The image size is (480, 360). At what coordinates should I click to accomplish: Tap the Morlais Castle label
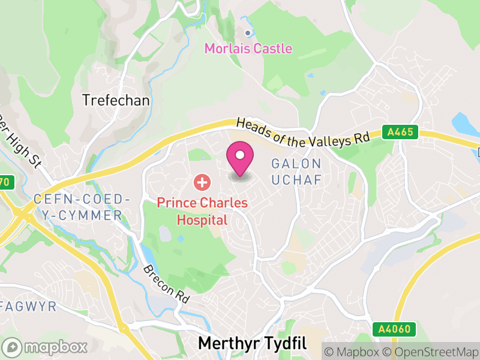[x=248, y=49]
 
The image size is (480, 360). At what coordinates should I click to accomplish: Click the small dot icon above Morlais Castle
[x=248, y=33]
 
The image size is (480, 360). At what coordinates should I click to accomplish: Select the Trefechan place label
[x=116, y=100]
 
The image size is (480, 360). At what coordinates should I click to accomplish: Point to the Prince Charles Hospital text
[x=202, y=211]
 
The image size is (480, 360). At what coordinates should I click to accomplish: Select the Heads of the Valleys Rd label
[x=302, y=131]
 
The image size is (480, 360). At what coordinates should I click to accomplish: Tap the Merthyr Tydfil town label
[x=252, y=343]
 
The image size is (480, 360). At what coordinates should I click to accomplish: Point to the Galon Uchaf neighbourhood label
[x=297, y=171]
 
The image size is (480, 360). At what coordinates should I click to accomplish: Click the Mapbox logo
[x=47, y=347]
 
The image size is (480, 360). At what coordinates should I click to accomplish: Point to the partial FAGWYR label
[x=28, y=307]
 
